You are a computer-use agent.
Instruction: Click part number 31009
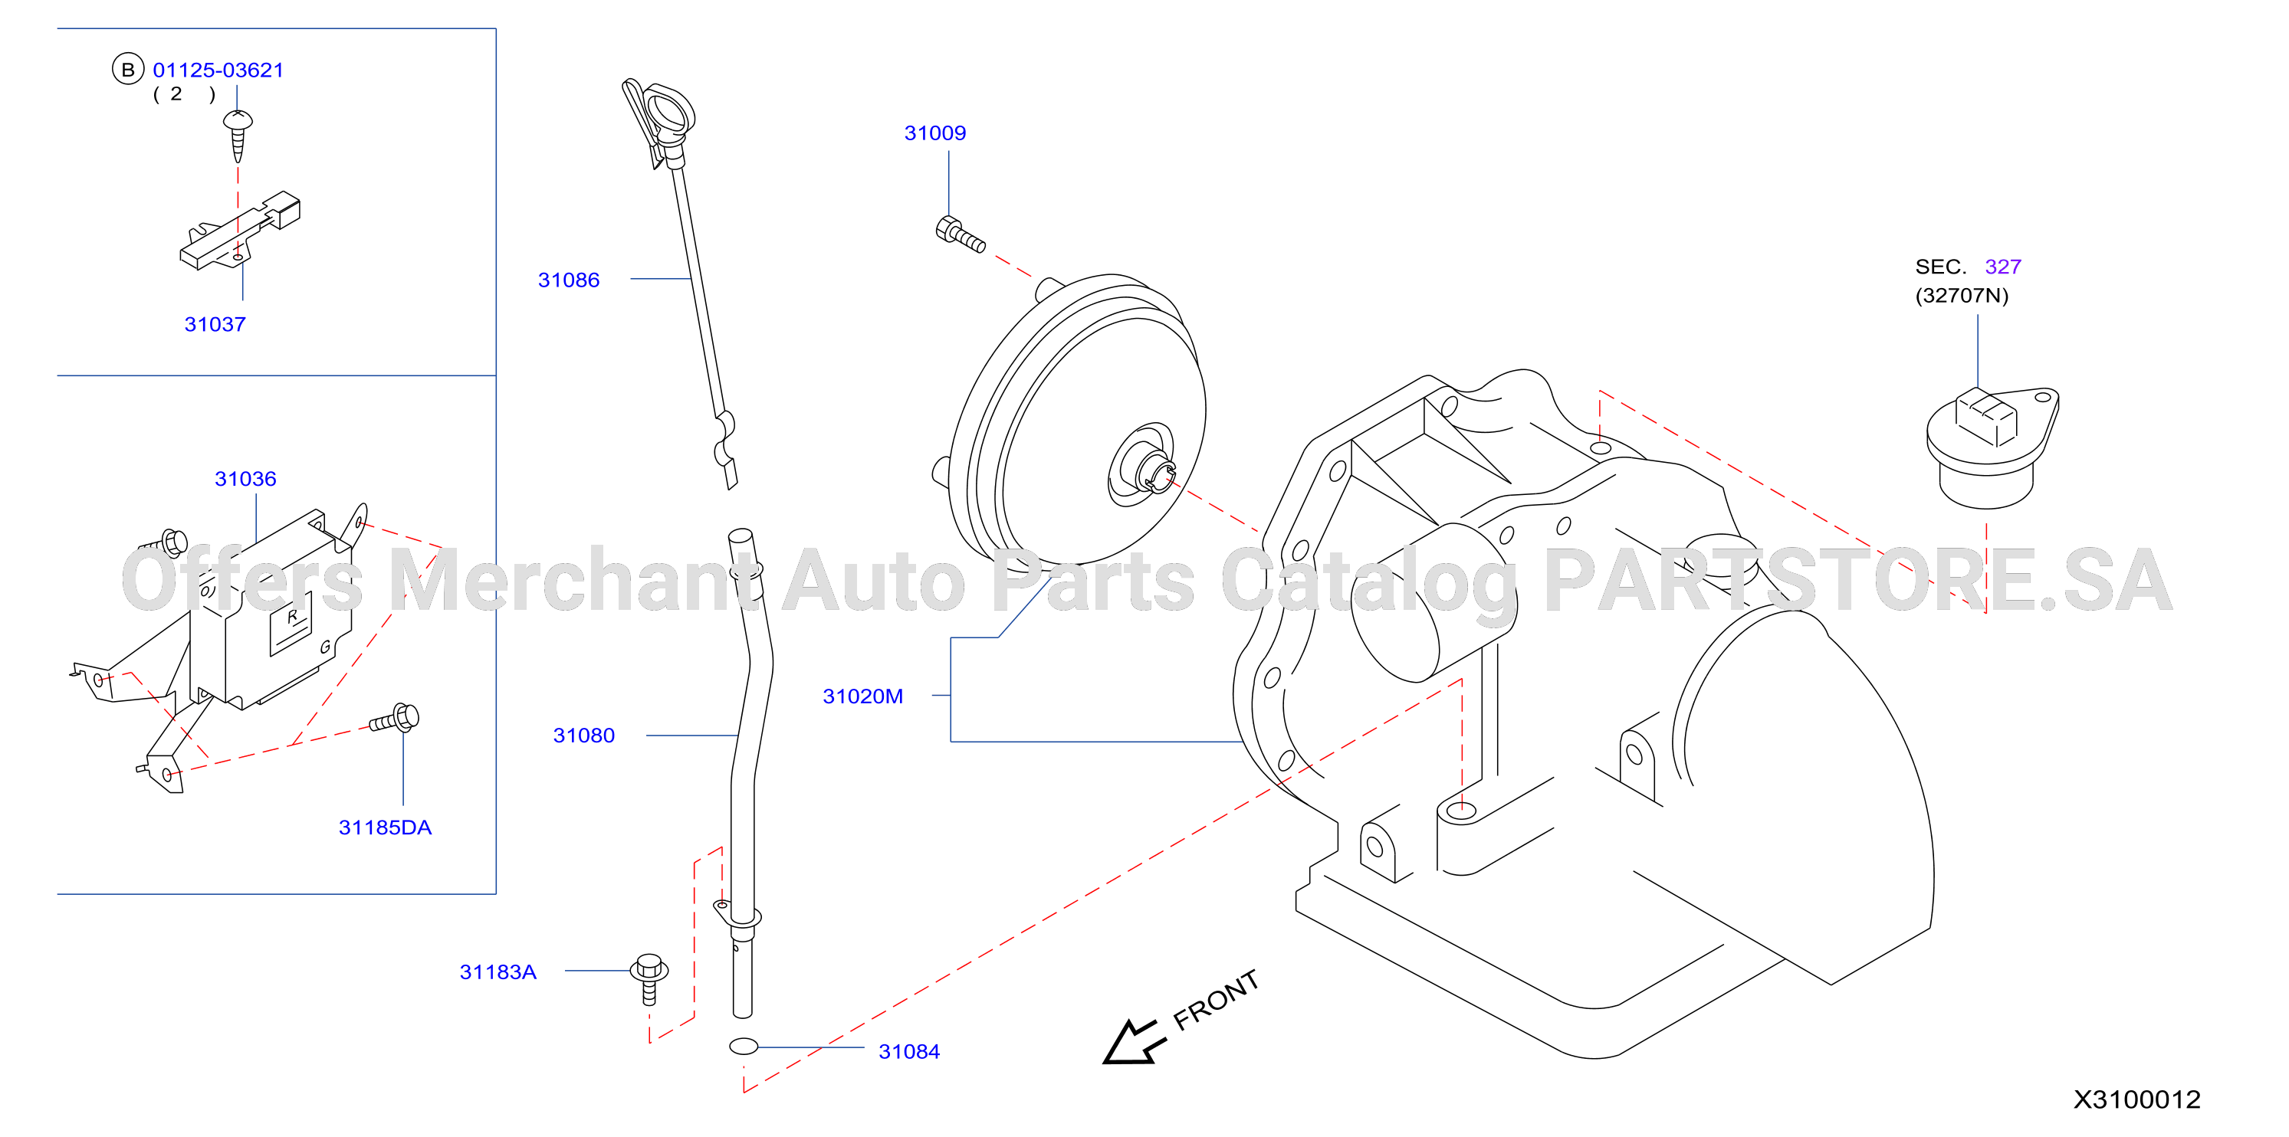(x=934, y=133)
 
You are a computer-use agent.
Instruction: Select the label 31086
(x=569, y=280)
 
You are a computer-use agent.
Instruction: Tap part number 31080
(x=584, y=736)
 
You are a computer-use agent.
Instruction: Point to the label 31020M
(x=863, y=696)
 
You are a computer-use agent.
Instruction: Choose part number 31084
(x=909, y=1052)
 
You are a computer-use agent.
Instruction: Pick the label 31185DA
(x=385, y=828)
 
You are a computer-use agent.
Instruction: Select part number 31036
(x=245, y=480)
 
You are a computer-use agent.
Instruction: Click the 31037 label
(x=215, y=325)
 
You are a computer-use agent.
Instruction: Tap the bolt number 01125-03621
(x=218, y=70)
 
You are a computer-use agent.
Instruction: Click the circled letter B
(x=128, y=69)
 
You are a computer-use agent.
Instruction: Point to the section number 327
(x=2003, y=267)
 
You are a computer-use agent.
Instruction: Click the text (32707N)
(x=1962, y=296)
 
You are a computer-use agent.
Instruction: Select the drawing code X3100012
(x=2137, y=1099)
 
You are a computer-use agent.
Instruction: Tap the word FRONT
(x=1216, y=1000)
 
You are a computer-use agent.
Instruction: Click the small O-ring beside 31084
(x=744, y=1047)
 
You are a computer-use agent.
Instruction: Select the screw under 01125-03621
(x=237, y=135)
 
